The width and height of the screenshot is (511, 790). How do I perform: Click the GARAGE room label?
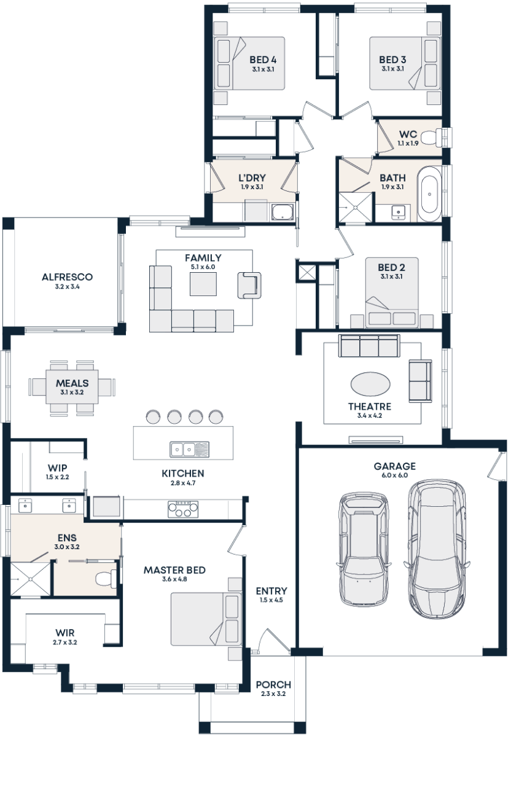[x=394, y=466]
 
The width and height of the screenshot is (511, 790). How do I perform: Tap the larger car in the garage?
[x=437, y=548]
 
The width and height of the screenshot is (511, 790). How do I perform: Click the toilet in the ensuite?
[x=106, y=578]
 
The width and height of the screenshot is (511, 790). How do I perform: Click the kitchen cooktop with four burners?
[x=183, y=509]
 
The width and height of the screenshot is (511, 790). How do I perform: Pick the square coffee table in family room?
[x=203, y=284]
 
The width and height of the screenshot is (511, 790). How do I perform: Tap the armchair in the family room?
[x=249, y=285]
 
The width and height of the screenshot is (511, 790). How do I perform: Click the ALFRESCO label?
[x=67, y=278]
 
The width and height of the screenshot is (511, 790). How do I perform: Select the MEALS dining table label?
[x=72, y=383]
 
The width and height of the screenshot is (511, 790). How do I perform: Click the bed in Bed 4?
[x=230, y=63]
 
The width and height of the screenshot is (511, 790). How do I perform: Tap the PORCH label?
[x=273, y=684]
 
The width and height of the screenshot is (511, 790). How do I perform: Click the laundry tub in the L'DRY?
[x=283, y=213]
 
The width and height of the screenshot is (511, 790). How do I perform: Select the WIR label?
[x=65, y=632]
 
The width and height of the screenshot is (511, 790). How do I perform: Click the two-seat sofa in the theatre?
[x=420, y=380]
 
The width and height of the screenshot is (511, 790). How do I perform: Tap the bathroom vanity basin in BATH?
[x=398, y=213]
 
